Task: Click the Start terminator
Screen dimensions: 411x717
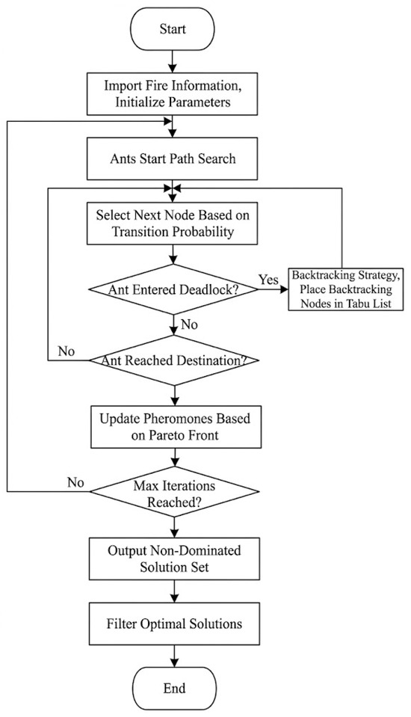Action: click(173, 30)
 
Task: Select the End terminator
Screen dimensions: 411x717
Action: click(174, 688)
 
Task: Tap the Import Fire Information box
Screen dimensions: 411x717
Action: click(173, 93)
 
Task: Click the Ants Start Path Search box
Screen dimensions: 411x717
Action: click(173, 159)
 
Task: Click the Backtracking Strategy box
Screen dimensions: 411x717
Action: click(346, 289)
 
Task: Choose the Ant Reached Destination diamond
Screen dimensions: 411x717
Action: click(173, 360)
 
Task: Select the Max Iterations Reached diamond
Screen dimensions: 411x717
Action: click(174, 492)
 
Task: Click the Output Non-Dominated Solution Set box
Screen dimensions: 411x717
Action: click(174, 558)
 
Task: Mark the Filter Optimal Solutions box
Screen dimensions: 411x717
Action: click(174, 624)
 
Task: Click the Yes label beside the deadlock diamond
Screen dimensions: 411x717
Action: click(268, 280)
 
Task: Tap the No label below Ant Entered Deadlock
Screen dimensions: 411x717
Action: click(189, 324)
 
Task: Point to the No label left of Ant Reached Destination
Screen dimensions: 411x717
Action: click(67, 351)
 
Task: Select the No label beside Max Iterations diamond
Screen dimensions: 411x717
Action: click(75, 482)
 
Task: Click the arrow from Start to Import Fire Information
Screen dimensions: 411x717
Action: click(173, 61)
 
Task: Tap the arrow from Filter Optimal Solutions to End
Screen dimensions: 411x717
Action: click(174, 656)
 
